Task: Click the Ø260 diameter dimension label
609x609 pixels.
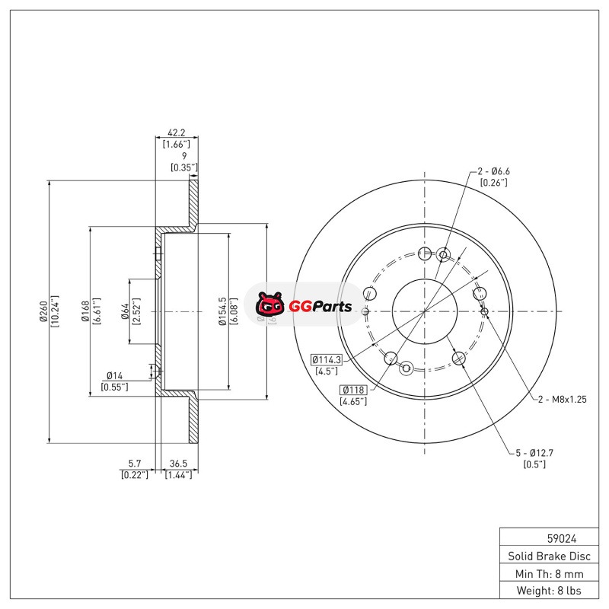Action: (x=43, y=311)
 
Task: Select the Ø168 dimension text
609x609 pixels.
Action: (x=85, y=311)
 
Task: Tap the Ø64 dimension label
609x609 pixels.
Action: (x=124, y=311)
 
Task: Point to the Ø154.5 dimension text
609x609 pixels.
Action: (x=221, y=311)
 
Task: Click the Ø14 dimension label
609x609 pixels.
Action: (x=114, y=375)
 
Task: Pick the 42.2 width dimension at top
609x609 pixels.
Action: (x=176, y=132)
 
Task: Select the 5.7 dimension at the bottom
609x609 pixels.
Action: (x=134, y=462)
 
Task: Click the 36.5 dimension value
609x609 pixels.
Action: (x=178, y=462)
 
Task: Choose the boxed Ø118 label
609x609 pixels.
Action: (x=354, y=389)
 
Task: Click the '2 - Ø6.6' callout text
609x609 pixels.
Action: (x=494, y=171)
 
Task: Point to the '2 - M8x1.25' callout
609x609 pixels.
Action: (x=564, y=400)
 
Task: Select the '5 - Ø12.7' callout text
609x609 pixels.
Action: (x=534, y=453)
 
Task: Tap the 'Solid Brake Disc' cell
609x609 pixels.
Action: (x=549, y=556)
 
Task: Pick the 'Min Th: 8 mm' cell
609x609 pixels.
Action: (x=549, y=573)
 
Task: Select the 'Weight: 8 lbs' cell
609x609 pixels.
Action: (x=549, y=591)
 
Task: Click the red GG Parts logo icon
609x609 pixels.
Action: (x=269, y=306)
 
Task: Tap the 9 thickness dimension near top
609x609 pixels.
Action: (x=183, y=155)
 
